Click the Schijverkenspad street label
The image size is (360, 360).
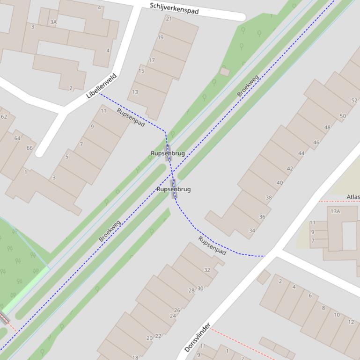[x=174, y=8]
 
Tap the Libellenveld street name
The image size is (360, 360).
[x=101, y=86]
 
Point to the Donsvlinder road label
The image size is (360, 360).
[x=197, y=337]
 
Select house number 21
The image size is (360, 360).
[x=169, y=19]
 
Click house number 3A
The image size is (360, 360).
[x=53, y=22]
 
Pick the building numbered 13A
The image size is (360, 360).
[x=335, y=211]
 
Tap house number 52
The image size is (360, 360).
[x=354, y=101]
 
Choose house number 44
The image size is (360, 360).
[x=301, y=153]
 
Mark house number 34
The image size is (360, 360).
[x=252, y=230]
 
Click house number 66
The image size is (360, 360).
[x=30, y=148]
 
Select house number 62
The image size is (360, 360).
[x=4, y=117]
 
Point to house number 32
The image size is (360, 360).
[x=207, y=270]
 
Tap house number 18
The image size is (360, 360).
[x=135, y=358]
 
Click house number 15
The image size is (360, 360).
[x=141, y=71]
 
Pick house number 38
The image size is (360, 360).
[x=269, y=198]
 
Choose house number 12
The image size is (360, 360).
[x=351, y=322]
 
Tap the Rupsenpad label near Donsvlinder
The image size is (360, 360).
[x=212, y=245]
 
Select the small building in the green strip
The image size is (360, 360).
[x=225, y=72]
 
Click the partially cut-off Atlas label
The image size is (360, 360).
[x=353, y=197]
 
